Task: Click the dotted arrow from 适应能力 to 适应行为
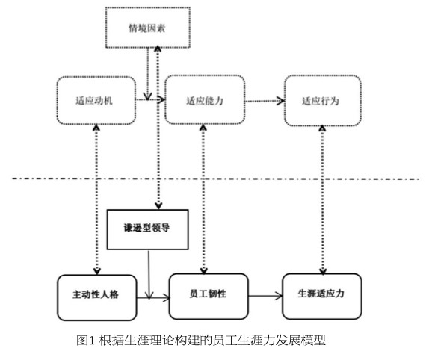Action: pyautogui.click(x=265, y=101)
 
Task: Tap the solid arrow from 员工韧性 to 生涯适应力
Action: pyautogui.click(x=265, y=296)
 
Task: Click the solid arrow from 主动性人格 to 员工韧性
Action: pyautogui.click(x=153, y=298)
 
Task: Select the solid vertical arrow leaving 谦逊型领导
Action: pyautogui.click(x=149, y=274)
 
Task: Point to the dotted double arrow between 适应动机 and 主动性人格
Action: pyautogui.click(x=96, y=199)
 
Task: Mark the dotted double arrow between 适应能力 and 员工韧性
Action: pyautogui.click(x=203, y=199)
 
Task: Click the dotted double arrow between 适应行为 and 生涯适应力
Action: pyautogui.click(x=322, y=200)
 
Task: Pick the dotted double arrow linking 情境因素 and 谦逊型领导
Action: pyautogui.click(x=158, y=128)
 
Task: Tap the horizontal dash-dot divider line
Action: pyautogui.click(x=215, y=179)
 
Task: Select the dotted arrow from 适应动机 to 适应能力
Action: pyautogui.click(x=150, y=99)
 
